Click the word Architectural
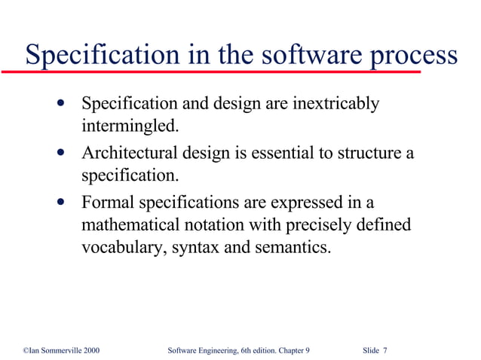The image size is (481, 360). [132, 154]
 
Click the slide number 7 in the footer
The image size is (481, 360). [385, 350]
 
